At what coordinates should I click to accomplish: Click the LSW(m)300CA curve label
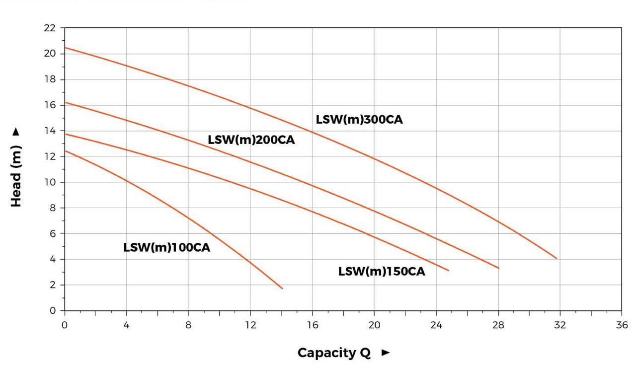[359, 120]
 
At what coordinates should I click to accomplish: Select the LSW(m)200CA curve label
[251, 140]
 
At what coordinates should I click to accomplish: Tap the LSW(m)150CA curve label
[382, 272]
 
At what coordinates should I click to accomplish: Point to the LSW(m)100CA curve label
[166, 247]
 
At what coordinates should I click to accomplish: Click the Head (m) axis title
[16, 176]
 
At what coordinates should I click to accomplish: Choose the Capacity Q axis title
[334, 353]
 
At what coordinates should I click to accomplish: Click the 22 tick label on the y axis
[50, 28]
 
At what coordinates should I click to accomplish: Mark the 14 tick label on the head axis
[50, 131]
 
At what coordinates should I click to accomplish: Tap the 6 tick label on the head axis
[53, 233]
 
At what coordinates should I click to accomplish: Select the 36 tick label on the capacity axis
[621, 325]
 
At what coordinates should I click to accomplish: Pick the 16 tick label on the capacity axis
[312, 325]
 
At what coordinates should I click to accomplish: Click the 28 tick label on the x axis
[498, 325]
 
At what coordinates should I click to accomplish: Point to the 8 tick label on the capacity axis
[188, 325]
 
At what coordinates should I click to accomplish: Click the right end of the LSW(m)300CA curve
[556, 258]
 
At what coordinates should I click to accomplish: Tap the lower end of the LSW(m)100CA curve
[282, 289]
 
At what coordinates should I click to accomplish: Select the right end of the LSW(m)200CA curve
[498, 268]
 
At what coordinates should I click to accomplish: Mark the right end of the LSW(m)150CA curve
[449, 271]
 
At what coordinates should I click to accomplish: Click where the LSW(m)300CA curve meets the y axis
[65, 48]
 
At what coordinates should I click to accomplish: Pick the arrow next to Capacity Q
[386, 353]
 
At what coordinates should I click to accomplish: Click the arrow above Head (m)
[16, 132]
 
